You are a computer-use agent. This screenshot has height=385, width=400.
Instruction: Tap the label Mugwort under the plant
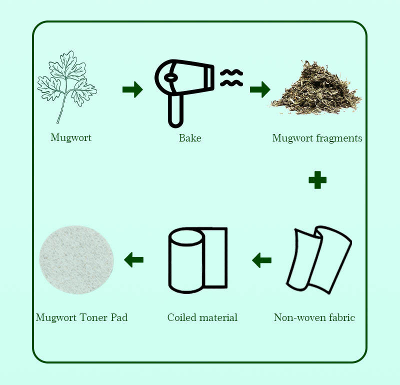coord(71,138)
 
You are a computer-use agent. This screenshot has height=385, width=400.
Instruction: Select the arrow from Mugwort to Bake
coord(132,89)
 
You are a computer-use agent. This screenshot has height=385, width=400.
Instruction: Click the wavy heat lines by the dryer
coord(231,78)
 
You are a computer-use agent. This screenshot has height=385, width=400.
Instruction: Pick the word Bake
coord(190,138)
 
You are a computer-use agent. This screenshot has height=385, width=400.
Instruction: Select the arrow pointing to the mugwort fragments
coord(260,89)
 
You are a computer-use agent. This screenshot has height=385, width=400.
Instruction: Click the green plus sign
coord(317,180)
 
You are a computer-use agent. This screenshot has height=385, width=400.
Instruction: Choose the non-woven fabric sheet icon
coord(319,260)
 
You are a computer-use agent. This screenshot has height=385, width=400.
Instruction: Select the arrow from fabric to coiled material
coord(261,260)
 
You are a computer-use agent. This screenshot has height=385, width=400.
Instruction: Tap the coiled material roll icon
coord(198,260)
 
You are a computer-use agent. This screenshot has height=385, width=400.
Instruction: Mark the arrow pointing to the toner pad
coord(133,260)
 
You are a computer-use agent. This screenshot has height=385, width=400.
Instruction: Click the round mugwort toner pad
coord(76,260)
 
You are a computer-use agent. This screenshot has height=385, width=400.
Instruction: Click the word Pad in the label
coord(119,317)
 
